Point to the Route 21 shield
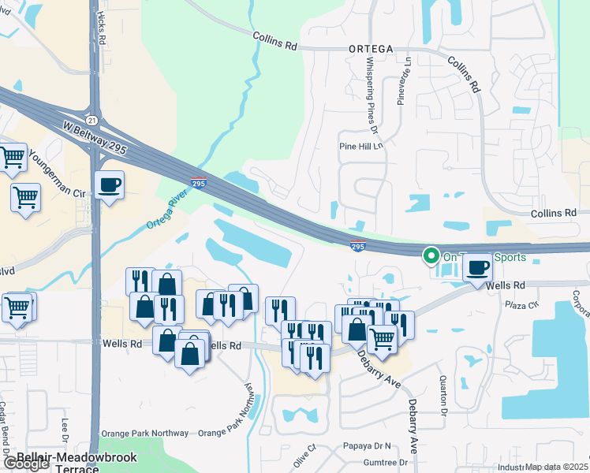[93, 120]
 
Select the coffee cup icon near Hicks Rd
[109, 185]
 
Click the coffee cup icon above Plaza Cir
[476, 267]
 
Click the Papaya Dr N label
[368, 445]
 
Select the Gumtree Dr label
[386, 463]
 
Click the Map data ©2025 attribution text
[556, 467]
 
